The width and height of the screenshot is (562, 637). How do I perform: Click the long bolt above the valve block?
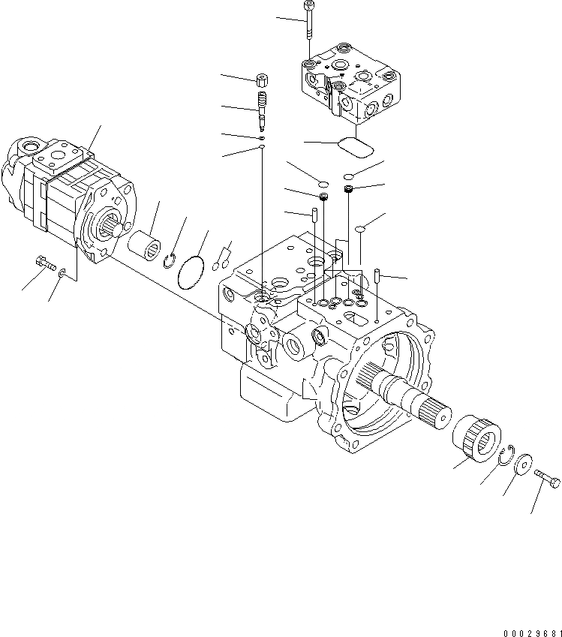click(308, 23)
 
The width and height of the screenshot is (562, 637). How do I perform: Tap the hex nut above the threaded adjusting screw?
click(263, 80)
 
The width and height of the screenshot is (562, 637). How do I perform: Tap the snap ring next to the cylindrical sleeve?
click(170, 260)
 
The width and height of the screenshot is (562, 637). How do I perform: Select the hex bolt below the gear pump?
click(45, 263)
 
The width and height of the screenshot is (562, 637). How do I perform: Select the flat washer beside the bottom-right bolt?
click(522, 464)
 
